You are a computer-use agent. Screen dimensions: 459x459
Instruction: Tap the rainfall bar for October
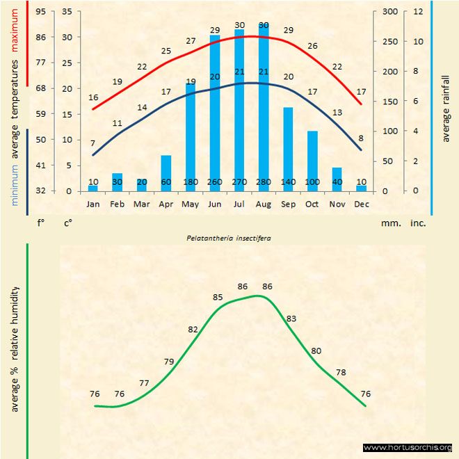click(x=312, y=161)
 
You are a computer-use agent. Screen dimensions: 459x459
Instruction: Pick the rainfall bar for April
click(x=166, y=173)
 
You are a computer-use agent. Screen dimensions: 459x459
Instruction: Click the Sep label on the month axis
click(x=288, y=204)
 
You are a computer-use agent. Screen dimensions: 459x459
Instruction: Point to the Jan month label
click(x=93, y=204)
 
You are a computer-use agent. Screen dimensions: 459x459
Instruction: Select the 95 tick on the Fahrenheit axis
click(x=41, y=12)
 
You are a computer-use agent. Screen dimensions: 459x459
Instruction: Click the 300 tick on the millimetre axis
click(x=390, y=12)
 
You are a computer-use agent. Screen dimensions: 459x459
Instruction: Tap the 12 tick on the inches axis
click(x=418, y=12)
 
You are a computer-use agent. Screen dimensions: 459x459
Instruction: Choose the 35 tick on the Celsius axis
click(x=67, y=12)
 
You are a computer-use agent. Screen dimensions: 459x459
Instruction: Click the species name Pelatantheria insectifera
click(x=229, y=237)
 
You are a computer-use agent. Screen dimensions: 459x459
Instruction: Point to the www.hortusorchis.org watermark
click(x=408, y=447)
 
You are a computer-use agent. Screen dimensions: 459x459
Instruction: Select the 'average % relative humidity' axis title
click(x=15, y=348)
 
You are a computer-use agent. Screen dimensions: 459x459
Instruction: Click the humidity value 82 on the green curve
click(x=193, y=329)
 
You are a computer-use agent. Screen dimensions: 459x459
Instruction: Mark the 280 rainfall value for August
click(x=264, y=182)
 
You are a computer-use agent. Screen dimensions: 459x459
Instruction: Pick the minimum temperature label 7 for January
click(x=92, y=143)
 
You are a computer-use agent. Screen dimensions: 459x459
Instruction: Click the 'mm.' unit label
click(x=389, y=223)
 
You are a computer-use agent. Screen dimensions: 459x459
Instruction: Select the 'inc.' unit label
click(x=418, y=223)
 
